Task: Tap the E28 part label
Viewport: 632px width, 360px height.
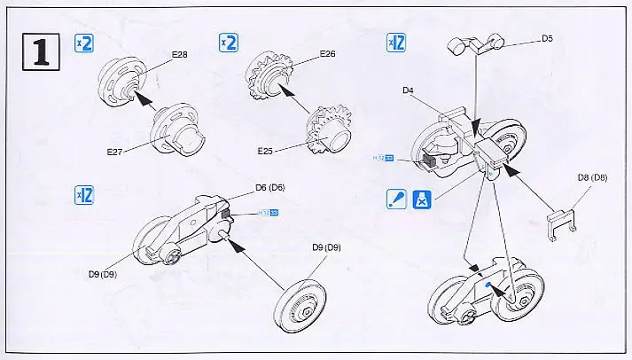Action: tap(181, 53)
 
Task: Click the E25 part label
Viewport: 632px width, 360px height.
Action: tap(266, 152)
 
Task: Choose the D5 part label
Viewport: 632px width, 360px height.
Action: tap(547, 38)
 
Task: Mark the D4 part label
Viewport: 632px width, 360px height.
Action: tap(409, 90)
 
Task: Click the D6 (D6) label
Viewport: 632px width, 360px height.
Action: tap(269, 187)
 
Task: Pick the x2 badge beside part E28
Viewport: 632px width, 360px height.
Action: tap(82, 43)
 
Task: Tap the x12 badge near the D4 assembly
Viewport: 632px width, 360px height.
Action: tap(396, 42)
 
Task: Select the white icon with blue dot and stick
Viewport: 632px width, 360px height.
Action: tap(396, 200)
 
